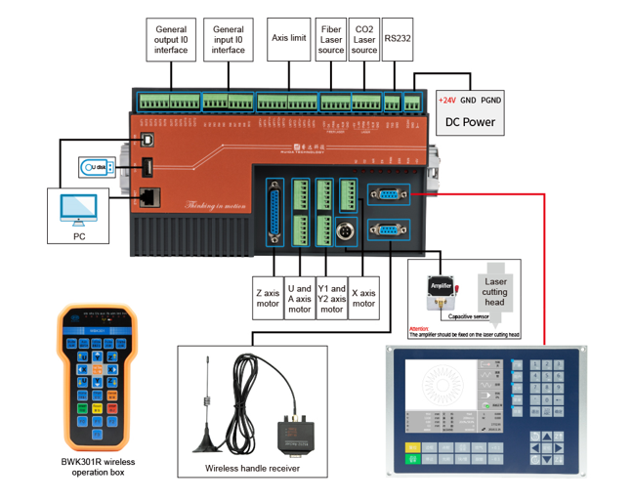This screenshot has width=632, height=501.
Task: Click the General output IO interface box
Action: point(171,40)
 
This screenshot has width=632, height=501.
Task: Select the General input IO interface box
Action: point(229,40)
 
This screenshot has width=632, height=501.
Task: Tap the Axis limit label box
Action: point(289,39)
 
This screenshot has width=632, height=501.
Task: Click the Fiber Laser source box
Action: point(332,40)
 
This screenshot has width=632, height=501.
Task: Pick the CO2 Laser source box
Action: point(364,40)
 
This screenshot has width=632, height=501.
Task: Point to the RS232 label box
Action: point(396,39)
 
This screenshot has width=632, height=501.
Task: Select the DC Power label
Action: point(470,123)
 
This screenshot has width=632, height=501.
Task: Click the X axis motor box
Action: point(363,296)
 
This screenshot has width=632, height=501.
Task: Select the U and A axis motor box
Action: point(299,299)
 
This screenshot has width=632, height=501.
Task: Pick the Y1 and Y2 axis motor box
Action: point(332,299)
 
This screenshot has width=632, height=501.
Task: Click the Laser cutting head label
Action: point(495,289)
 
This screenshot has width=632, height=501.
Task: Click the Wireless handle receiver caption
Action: point(252,468)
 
